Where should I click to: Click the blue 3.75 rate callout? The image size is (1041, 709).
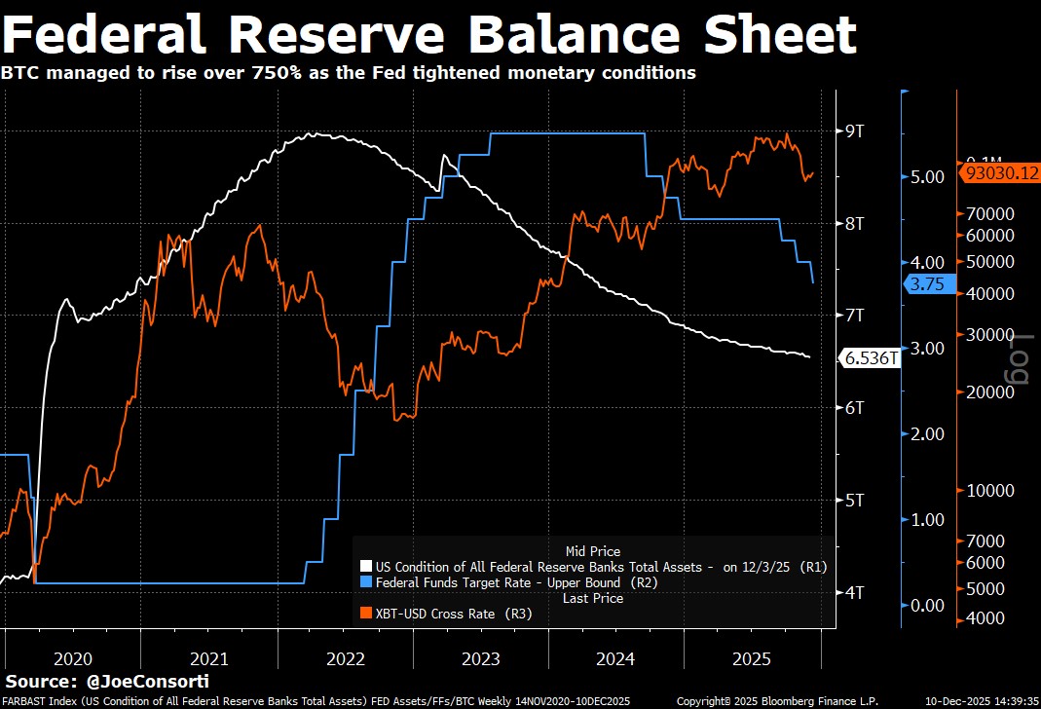(x=925, y=284)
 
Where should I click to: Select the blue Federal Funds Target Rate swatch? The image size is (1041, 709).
(x=366, y=582)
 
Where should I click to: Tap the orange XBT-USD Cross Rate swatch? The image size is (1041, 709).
(x=366, y=614)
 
